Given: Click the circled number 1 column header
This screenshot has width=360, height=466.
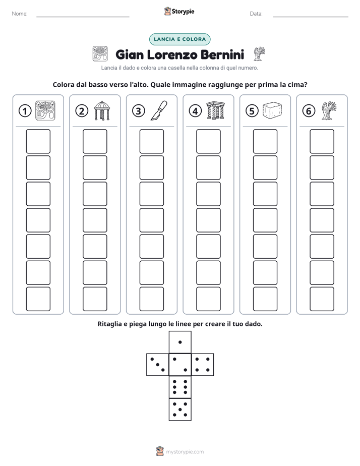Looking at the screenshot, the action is coord(25,111).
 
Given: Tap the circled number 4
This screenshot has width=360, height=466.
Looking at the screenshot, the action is coord(195,111).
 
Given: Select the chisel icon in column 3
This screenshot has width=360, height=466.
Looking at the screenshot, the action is coord(159,110).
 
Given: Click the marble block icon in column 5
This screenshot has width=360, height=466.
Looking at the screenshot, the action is coord(272,110).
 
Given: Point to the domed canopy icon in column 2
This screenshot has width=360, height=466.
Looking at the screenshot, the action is coord(102,110).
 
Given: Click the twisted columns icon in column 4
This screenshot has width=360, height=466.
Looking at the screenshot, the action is coord(216,110).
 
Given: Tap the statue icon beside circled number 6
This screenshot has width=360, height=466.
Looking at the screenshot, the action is coord(329,110).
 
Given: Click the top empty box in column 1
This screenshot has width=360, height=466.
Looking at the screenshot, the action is coord(38,141).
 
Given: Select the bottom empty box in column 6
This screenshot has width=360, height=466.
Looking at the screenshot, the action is coord(322,299).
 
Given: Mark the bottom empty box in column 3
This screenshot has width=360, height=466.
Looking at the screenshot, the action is coord(151,299).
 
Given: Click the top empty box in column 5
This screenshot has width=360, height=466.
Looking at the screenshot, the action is coord(265,141).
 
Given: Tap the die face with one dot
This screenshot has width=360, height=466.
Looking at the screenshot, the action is coord(180,342).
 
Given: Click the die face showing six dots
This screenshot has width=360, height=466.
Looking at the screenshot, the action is coord(180,387).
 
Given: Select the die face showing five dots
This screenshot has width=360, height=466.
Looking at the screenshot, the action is coord(180,409).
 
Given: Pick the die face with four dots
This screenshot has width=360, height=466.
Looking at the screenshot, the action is coord(203,364).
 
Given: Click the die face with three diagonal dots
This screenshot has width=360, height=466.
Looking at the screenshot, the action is coord(158,364).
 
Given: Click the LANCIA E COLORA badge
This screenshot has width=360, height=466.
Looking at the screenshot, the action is coord(179,39).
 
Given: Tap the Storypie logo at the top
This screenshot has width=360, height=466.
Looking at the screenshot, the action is coord(179,11).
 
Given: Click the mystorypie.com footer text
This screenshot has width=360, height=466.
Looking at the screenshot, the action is coord(185,452).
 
